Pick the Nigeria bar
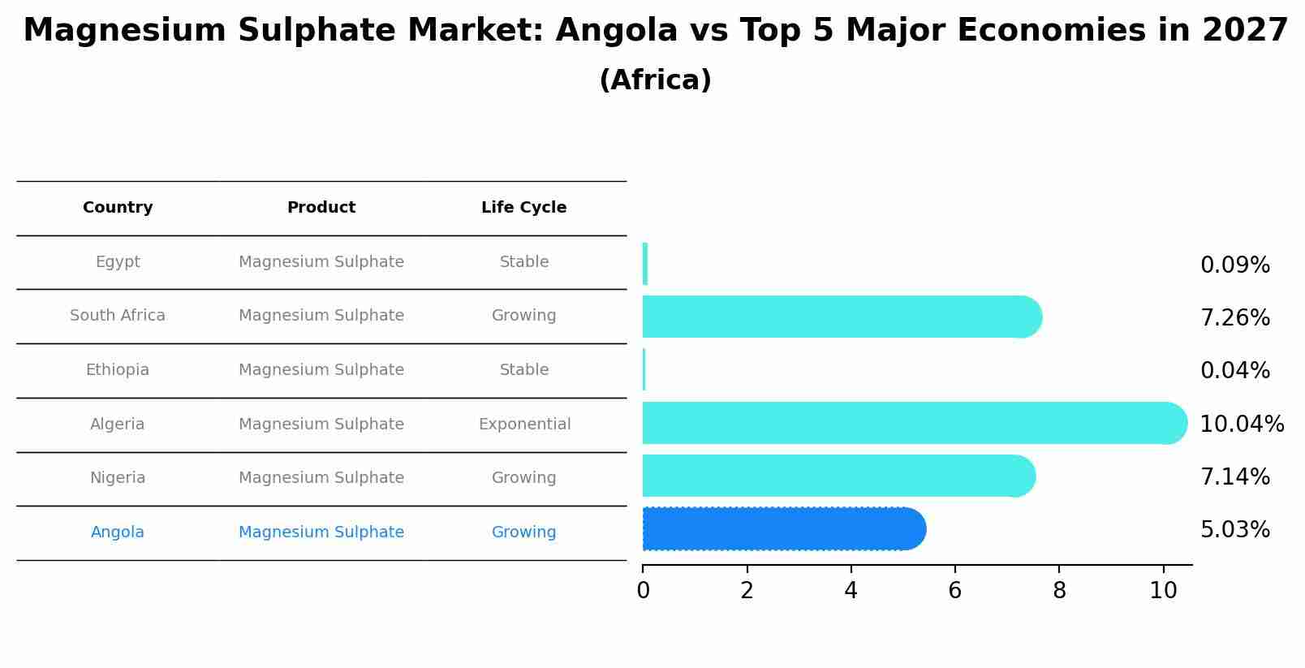point(836,476)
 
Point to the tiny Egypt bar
point(645,264)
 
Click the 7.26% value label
point(1234,318)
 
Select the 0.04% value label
point(1234,371)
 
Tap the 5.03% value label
point(1234,530)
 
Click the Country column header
point(118,208)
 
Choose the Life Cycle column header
point(523,208)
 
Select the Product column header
point(321,208)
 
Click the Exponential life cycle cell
point(524,425)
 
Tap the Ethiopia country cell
point(118,370)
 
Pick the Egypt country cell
point(118,262)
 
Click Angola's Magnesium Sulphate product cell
point(321,532)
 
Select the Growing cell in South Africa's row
point(523,316)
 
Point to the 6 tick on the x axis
point(955,590)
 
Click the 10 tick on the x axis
point(1163,590)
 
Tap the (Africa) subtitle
point(655,80)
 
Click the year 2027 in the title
point(1244,31)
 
